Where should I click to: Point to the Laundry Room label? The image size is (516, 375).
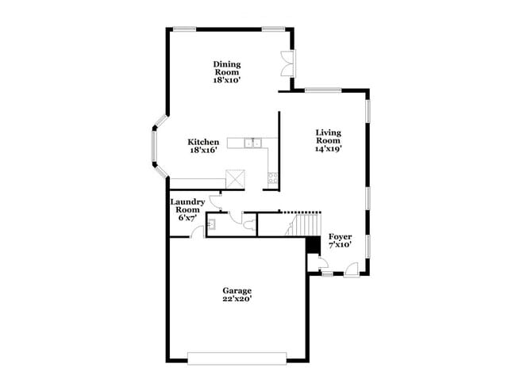tap(188, 206)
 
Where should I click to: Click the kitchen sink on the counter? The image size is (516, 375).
tap(255, 143)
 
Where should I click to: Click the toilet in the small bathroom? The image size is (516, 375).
tap(249, 225)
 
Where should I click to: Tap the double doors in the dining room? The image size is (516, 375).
tap(287, 63)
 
